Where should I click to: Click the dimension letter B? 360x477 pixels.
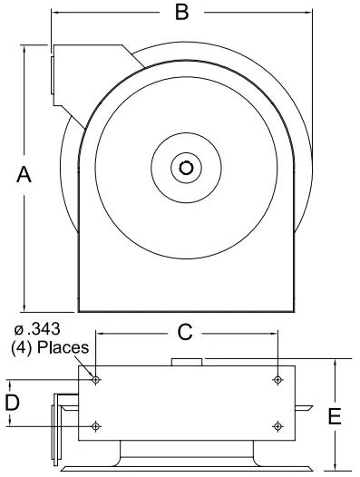coord(182,13)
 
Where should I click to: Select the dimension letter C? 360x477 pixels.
coord(185,334)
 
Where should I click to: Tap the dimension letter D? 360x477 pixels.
coord(13,402)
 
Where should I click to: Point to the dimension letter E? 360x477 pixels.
coord(335,417)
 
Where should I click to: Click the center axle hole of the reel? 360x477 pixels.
coord(186,167)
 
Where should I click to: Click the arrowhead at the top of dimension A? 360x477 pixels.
coord(24,46)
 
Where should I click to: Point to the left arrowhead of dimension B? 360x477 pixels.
coord(54,13)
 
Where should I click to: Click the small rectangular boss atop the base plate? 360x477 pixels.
coord(188,363)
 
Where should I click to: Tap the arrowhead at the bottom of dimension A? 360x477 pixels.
coord(24,308)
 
